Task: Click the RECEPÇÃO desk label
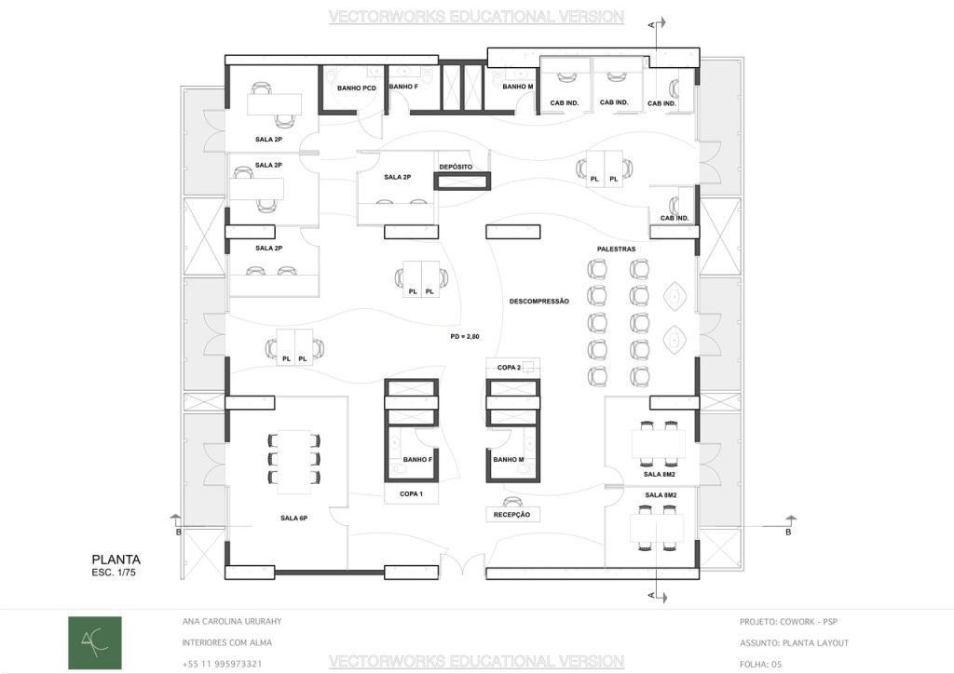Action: coord(511,515)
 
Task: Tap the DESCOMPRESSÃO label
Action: coord(539,302)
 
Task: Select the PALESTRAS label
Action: coord(617,249)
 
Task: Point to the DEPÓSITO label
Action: coord(456,168)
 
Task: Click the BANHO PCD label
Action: coord(357,88)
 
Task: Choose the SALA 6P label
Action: coord(293,519)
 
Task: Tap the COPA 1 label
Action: coord(411,494)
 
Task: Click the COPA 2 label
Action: coord(509,368)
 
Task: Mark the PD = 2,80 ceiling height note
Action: coord(465,337)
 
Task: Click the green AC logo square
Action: coord(95,642)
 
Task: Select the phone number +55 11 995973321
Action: coord(222,665)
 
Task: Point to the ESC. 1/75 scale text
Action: coord(114,573)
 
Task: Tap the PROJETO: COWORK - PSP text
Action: coord(788,622)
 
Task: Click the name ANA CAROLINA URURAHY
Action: coord(232,622)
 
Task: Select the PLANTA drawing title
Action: coord(116,559)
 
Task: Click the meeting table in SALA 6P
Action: coord(294,462)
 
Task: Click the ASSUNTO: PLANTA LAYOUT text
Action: coord(794,643)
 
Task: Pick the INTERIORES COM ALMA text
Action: coord(227,643)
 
